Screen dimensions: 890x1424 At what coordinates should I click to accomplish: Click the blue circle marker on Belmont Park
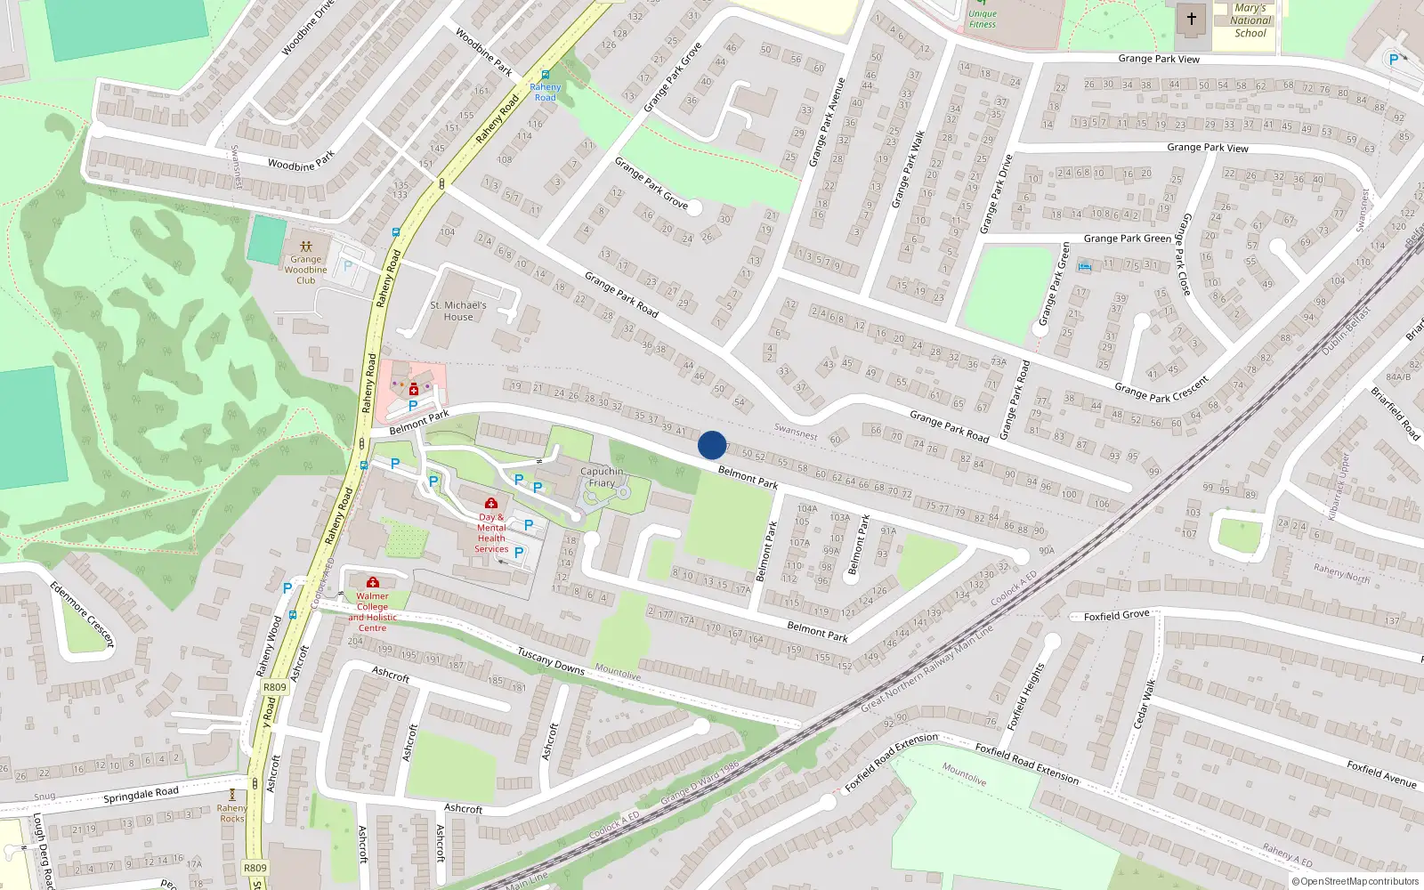pos(712,445)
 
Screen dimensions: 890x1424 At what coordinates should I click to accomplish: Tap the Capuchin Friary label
pos(602,477)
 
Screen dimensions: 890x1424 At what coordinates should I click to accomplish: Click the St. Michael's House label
pos(458,311)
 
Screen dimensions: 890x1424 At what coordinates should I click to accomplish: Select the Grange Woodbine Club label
pos(305,270)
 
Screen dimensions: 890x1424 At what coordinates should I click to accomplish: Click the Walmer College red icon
pos(373,582)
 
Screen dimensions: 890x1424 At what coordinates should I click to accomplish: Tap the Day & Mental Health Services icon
pos(490,504)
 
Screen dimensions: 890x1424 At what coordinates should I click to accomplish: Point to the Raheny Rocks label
pos(232,813)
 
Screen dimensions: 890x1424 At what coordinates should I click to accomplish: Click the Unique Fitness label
pos(983,19)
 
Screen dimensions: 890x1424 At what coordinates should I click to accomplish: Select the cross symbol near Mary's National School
pos(1191,18)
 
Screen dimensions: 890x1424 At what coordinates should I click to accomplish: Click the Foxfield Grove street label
pos(1116,615)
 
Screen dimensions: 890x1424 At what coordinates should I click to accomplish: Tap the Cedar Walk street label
pos(1144,704)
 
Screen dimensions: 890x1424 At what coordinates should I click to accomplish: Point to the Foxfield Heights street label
pos(1025,697)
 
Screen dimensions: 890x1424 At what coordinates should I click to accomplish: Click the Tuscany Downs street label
pos(551,661)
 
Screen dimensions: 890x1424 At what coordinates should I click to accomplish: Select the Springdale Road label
pos(141,795)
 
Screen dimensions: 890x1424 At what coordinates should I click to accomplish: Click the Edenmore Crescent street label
pos(83,614)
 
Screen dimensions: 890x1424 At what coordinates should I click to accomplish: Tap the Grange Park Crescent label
pos(1161,389)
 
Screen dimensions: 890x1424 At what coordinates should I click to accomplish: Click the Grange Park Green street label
pos(1127,239)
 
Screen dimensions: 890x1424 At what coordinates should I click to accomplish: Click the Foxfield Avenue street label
pos(1380,773)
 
